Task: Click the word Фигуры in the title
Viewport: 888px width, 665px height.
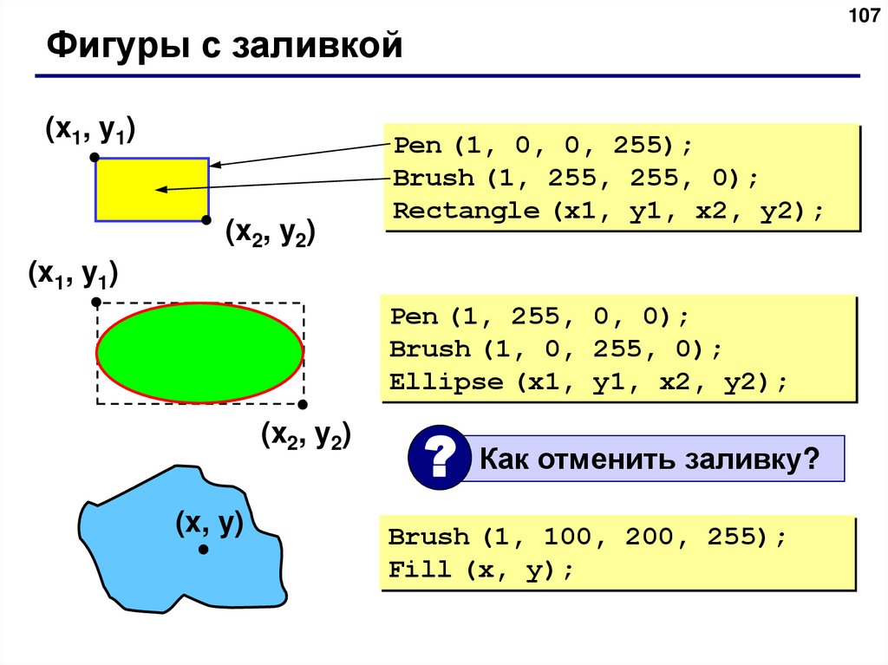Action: (x=108, y=45)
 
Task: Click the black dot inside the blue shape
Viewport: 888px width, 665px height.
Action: (x=203, y=550)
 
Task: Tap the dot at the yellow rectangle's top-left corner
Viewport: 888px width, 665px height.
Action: (x=95, y=159)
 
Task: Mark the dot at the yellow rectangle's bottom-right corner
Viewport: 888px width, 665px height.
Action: (x=206, y=220)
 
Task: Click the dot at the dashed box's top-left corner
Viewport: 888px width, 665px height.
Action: (x=96, y=303)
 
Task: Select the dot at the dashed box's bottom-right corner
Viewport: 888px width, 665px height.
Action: (x=303, y=405)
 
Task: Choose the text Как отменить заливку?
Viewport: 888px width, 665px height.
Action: (x=650, y=459)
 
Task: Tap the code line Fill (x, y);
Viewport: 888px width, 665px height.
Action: (x=481, y=570)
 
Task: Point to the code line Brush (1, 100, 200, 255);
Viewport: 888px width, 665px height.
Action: (x=587, y=537)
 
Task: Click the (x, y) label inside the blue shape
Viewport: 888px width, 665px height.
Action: (x=208, y=522)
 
